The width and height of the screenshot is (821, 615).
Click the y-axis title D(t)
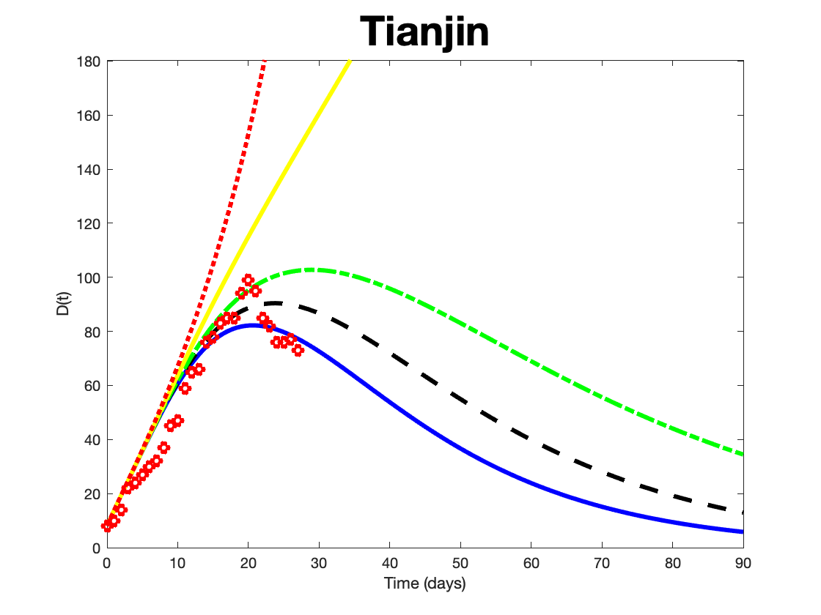(x=64, y=305)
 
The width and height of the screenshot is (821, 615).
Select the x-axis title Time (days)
(x=425, y=584)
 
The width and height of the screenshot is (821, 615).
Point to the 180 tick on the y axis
(x=90, y=61)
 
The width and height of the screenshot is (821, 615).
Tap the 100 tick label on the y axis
(x=90, y=277)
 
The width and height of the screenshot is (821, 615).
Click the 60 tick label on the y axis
(x=93, y=386)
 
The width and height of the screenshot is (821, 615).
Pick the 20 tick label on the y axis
(x=93, y=494)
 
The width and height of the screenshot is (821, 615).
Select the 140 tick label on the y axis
(x=90, y=169)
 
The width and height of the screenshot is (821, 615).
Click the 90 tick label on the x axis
(x=743, y=563)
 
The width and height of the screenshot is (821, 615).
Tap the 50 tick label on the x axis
(x=460, y=563)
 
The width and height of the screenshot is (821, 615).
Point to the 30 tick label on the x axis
(x=319, y=563)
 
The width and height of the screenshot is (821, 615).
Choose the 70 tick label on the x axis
(x=602, y=563)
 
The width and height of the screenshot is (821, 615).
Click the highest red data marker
(x=248, y=280)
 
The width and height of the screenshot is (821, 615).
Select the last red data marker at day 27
(x=298, y=350)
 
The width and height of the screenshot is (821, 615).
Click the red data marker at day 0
(x=107, y=526)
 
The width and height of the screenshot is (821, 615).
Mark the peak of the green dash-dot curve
(x=314, y=269)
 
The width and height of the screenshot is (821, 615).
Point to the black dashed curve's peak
(x=274, y=303)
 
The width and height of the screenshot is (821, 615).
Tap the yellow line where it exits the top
(x=350, y=61)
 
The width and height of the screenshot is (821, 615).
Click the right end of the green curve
(x=742, y=454)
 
